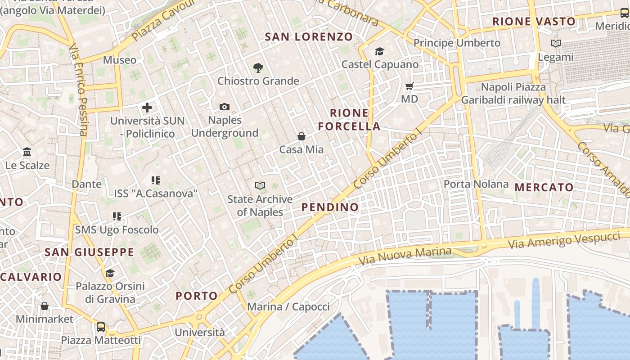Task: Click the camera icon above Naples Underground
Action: click(x=225, y=107)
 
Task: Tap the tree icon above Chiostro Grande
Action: click(x=258, y=68)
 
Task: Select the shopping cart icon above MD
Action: click(x=409, y=86)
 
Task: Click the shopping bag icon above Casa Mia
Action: click(x=301, y=136)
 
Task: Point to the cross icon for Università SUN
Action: click(x=147, y=108)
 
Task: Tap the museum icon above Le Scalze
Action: click(x=27, y=152)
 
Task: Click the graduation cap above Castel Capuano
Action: click(x=380, y=51)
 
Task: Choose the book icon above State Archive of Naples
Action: click(x=260, y=185)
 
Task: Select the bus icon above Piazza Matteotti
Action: click(x=101, y=327)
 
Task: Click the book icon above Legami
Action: click(x=556, y=44)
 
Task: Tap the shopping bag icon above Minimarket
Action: click(x=45, y=306)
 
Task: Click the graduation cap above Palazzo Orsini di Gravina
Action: click(x=110, y=273)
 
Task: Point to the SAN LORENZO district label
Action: click(x=309, y=37)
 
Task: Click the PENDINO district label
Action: click(x=330, y=207)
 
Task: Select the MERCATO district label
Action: click(x=544, y=187)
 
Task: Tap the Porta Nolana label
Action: click(x=476, y=184)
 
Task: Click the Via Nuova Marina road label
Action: click(x=405, y=256)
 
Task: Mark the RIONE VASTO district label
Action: click(x=534, y=21)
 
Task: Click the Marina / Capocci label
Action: click(x=288, y=307)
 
